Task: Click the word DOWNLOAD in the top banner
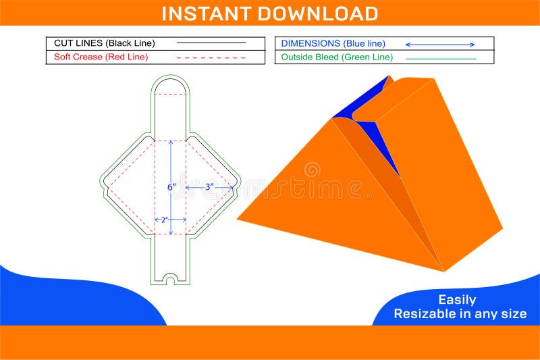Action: (x=318, y=14)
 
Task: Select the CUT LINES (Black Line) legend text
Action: (x=105, y=43)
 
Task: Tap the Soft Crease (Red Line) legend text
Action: (x=101, y=57)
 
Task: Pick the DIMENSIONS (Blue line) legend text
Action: (x=333, y=43)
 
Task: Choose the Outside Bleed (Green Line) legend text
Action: (x=337, y=57)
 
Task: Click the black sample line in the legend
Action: (x=211, y=43)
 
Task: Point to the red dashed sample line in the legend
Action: (x=211, y=57)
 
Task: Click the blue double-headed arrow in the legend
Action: (x=440, y=45)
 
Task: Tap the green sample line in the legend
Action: (x=441, y=59)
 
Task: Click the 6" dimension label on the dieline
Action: (x=172, y=187)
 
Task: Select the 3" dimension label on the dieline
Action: (x=209, y=187)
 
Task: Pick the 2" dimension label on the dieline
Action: (x=165, y=220)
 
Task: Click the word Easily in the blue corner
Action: (x=457, y=300)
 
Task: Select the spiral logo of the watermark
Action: (x=312, y=170)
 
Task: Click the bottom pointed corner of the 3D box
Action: (x=444, y=272)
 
